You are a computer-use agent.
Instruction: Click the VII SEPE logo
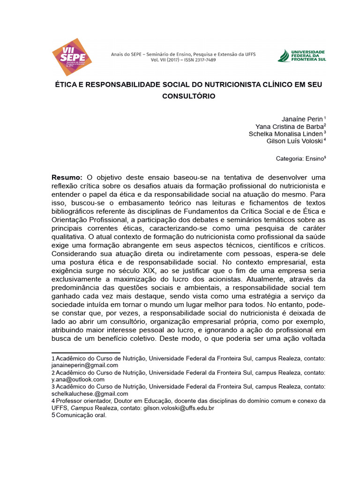point(71,57)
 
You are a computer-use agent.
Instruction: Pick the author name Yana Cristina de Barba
point(289,127)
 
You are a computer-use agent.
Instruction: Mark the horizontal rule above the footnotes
point(86,352)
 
